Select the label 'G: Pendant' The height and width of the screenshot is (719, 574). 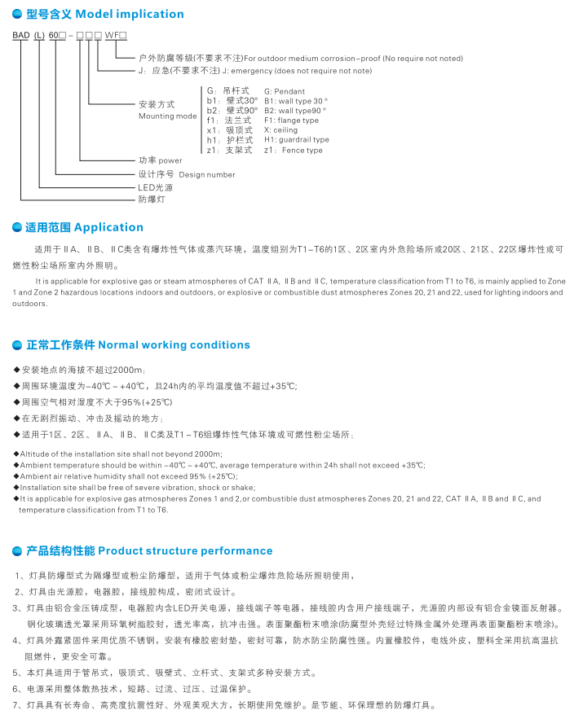(x=285, y=91)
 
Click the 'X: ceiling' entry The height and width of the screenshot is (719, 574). (x=281, y=130)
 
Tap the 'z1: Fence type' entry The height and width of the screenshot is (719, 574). (x=293, y=151)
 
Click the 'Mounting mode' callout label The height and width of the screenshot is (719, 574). (x=168, y=116)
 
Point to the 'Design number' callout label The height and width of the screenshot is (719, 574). (x=207, y=174)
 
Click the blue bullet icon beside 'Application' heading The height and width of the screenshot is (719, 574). (x=18, y=227)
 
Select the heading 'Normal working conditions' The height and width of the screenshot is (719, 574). (x=173, y=344)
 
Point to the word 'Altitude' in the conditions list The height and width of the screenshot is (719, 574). (x=33, y=454)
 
